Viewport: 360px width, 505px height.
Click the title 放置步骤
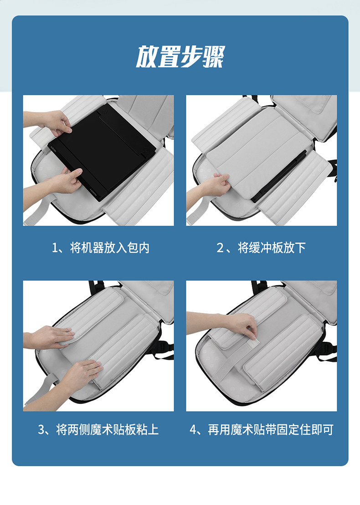(180, 57)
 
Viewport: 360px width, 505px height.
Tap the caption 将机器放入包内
(110, 247)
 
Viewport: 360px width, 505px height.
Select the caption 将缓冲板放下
(272, 247)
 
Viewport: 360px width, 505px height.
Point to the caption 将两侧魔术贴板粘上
(107, 430)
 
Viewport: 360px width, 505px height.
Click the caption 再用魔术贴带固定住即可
(271, 430)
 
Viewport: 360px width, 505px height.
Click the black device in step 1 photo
(102, 151)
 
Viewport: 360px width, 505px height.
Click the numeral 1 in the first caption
(55, 248)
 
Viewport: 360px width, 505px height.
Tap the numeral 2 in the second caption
(220, 248)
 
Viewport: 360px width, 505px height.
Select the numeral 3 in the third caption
(41, 430)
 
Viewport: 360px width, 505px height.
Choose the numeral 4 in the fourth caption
(193, 430)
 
